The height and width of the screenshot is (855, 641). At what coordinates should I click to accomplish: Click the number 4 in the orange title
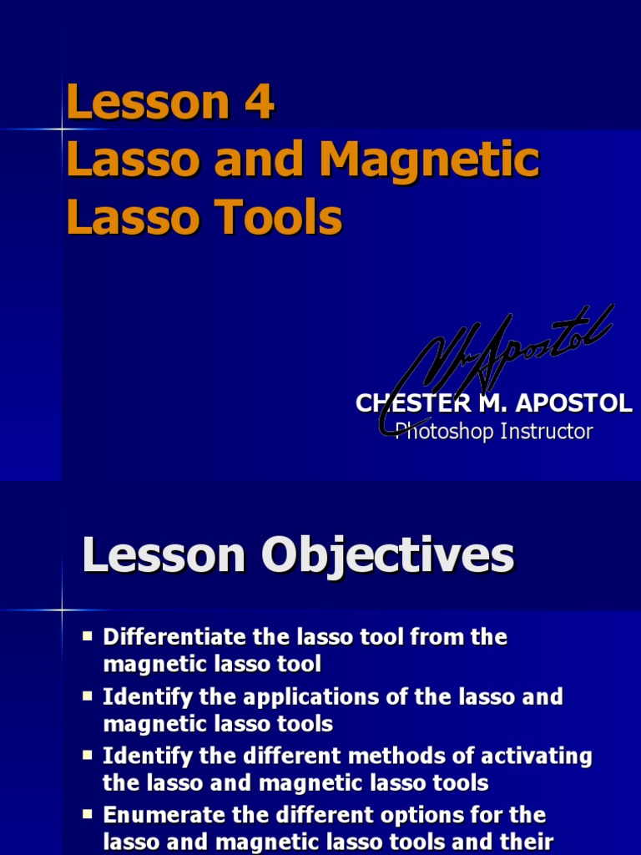(259, 103)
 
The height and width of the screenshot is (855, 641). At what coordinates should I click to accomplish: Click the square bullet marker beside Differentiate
(88, 636)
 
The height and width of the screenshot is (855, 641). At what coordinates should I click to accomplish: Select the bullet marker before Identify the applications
(88, 696)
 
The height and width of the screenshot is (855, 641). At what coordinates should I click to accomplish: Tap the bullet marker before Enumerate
(88, 814)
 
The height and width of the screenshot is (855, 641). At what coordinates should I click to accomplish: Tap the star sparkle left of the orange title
(62, 129)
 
